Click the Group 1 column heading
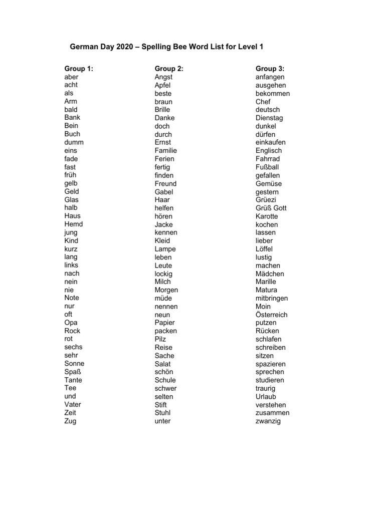coord(79,68)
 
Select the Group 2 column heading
coord(169,68)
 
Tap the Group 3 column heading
coord(270,68)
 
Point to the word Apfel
coord(163,85)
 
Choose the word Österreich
coord(271,315)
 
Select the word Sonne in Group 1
coord(74,364)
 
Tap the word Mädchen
coord(270,274)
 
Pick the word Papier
coord(165,323)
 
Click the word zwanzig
coord(268,421)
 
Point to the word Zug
coord(70,421)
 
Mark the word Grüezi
coord(266,200)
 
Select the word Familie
coord(166,150)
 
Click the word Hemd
coord(74,224)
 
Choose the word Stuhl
coord(163,413)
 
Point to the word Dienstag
coord(269,118)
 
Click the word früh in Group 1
coord(70,175)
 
